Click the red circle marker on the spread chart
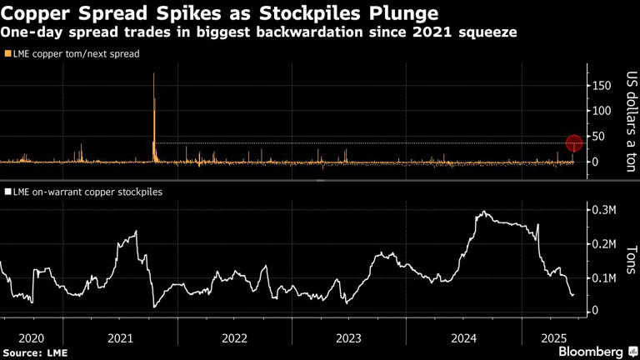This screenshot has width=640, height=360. click(x=574, y=142)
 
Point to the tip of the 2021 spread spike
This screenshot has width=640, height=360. click(x=154, y=74)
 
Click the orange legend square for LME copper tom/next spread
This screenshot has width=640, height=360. click(x=8, y=53)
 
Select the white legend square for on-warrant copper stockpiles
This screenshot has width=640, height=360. click(x=8, y=192)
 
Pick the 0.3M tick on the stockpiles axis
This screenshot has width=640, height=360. click(x=604, y=210)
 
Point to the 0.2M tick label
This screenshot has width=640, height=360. click(x=604, y=243)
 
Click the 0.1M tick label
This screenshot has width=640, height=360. click(x=604, y=277)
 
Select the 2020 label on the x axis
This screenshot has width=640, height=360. click(x=30, y=337)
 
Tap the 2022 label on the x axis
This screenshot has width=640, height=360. click(x=234, y=337)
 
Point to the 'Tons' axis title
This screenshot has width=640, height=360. click(x=631, y=261)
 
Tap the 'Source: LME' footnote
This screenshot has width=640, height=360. click(x=35, y=352)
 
